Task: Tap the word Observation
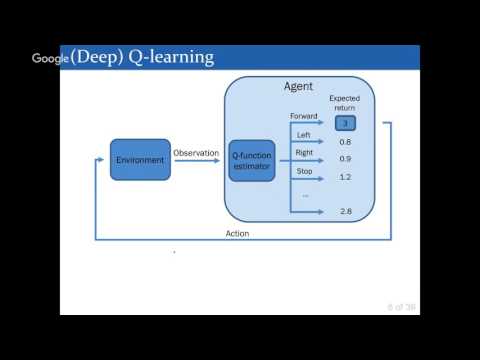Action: [196, 153]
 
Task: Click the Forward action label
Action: [304, 116]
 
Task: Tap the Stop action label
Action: [303, 171]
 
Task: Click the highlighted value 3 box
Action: [345, 124]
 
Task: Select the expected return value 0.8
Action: [345, 141]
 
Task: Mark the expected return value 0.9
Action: [345, 159]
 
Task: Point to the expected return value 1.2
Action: [345, 177]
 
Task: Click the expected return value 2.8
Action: [345, 212]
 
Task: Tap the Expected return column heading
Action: [345, 104]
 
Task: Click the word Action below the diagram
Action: [238, 234]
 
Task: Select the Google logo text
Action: [50, 58]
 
